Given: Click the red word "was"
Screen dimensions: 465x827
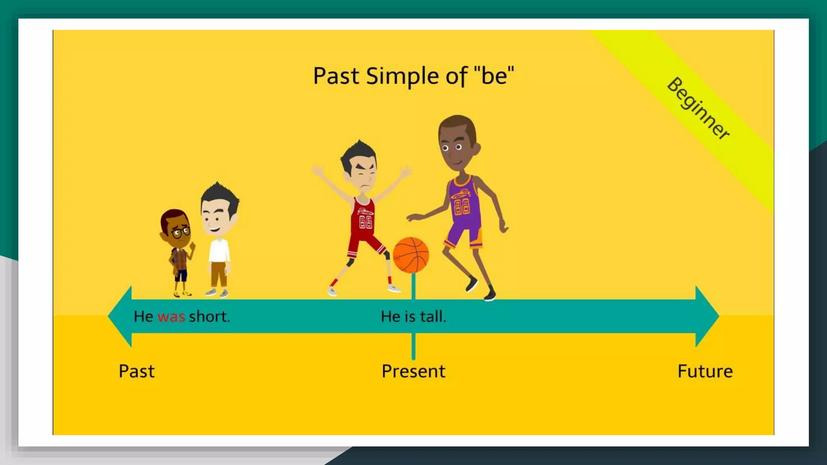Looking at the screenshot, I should click(171, 317).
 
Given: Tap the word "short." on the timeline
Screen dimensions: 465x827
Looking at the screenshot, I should click(209, 316).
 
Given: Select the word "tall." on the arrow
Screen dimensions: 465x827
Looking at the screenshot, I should click(433, 316).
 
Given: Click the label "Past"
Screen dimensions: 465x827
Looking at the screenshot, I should click(136, 371).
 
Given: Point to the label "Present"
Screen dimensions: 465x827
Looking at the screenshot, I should click(413, 371).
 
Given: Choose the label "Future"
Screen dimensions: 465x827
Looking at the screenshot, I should click(705, 371).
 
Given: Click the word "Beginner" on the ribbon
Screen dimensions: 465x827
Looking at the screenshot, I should click(698, 108).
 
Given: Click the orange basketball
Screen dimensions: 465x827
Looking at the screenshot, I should click(411, 255).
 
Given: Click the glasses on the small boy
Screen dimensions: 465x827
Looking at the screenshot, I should click(181, 232).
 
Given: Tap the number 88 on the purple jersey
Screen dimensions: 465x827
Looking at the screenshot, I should click(462, 206).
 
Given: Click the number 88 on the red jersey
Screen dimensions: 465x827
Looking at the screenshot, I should click(365, 222).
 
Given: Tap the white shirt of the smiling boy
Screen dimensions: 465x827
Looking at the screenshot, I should click(218, 250).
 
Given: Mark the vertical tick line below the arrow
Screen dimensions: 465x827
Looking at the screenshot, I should click(413, 346).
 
